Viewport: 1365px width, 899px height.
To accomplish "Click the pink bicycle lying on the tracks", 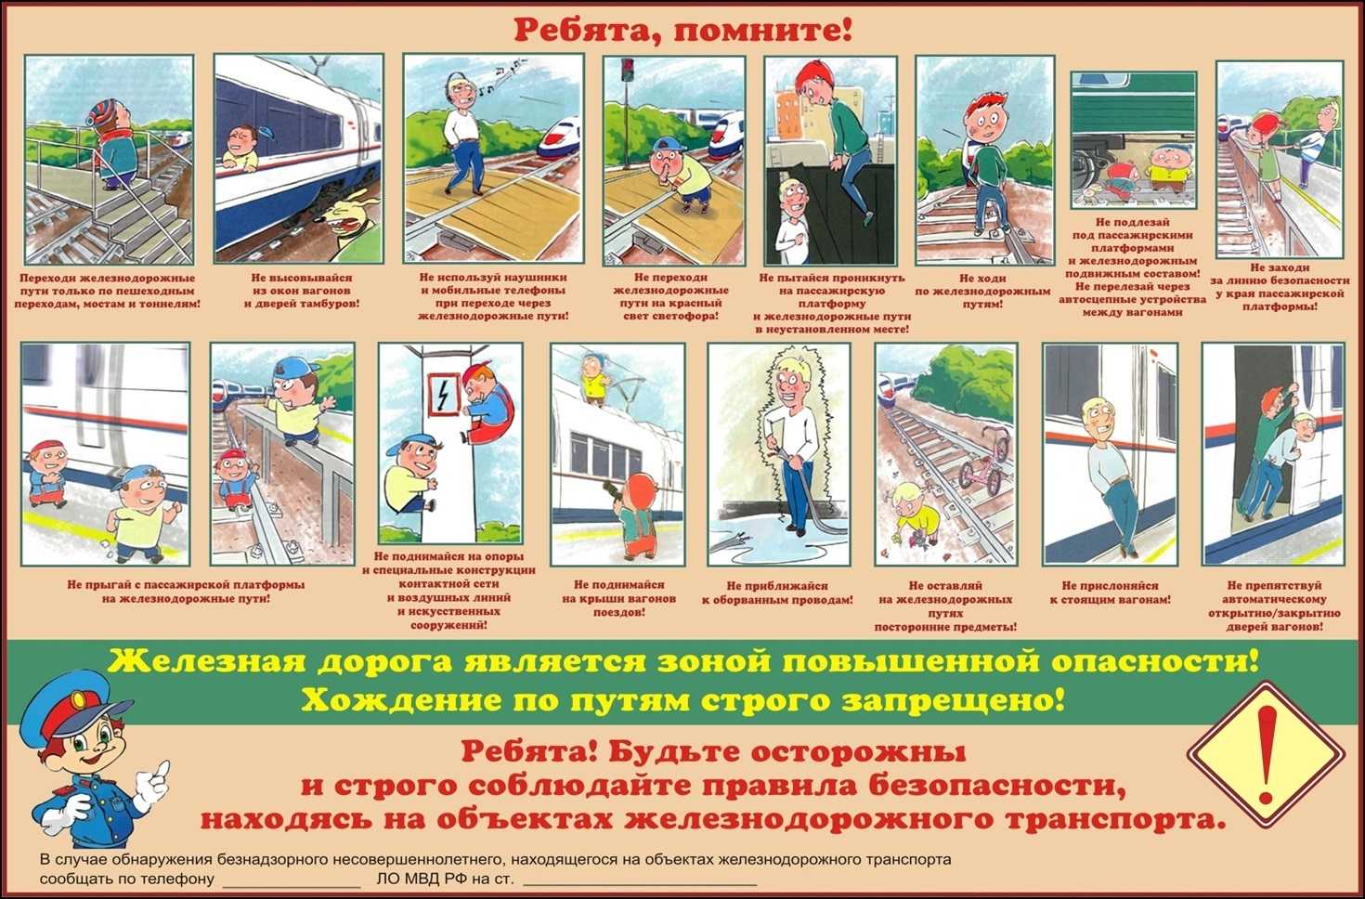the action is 983,459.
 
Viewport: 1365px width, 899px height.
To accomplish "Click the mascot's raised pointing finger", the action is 161,769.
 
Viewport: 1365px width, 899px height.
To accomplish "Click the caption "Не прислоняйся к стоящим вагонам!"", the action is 1110,593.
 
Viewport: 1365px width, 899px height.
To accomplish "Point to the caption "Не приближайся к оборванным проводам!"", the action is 777,593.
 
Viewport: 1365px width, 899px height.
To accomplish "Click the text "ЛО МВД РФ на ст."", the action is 446,879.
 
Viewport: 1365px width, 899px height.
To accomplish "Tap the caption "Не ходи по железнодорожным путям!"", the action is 982,292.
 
